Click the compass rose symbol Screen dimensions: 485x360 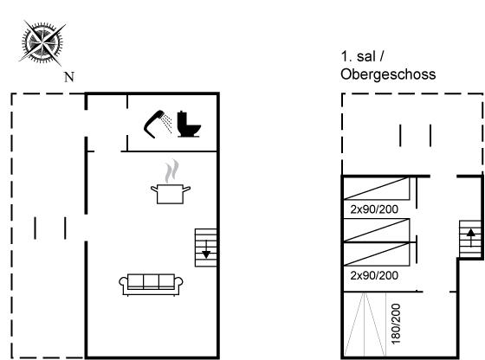tap(42, 42)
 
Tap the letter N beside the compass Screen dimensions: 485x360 tap(69, 77)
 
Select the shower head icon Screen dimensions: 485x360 tap(154, 125)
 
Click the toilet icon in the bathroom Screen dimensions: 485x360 tap(189, 125)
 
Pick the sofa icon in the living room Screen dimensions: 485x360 tap(151, 285)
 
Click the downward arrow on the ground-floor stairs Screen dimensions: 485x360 tap(206, 249)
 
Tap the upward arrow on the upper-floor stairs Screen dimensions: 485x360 tap(471, 238)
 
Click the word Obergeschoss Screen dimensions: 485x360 tap(388, 74)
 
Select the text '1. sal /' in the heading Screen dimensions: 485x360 tap(363, 56)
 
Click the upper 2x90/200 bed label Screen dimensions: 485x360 tap(374, 209)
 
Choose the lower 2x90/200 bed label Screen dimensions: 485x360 tap(374, 275)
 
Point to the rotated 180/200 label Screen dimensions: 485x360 tap(396, 324)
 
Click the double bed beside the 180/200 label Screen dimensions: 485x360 tap(365, 325)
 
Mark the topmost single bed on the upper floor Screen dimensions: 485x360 tap(377, 188)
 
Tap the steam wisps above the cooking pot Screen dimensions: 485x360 tap(171, 170)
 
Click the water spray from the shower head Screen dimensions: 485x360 tap(167, 123)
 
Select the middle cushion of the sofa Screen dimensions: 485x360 tap(151, 281)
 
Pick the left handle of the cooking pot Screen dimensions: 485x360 tap(154, 189)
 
